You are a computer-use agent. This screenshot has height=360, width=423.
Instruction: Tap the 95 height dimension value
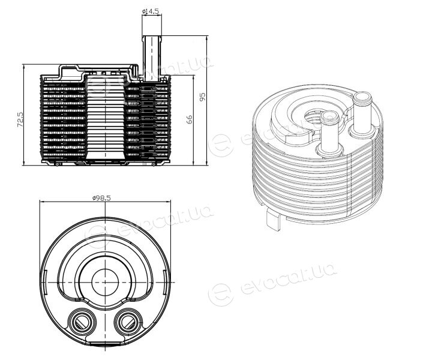202,97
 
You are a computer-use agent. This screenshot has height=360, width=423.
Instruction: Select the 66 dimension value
190,119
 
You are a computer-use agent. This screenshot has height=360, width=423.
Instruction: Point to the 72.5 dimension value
20,120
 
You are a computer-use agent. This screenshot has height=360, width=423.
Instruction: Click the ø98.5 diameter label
101,198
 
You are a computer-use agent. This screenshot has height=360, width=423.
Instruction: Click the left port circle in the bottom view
82,322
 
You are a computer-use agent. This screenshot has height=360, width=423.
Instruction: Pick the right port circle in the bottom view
128,322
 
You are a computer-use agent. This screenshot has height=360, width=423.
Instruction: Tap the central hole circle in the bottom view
105,282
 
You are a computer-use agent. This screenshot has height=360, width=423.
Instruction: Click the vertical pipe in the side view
152,58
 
